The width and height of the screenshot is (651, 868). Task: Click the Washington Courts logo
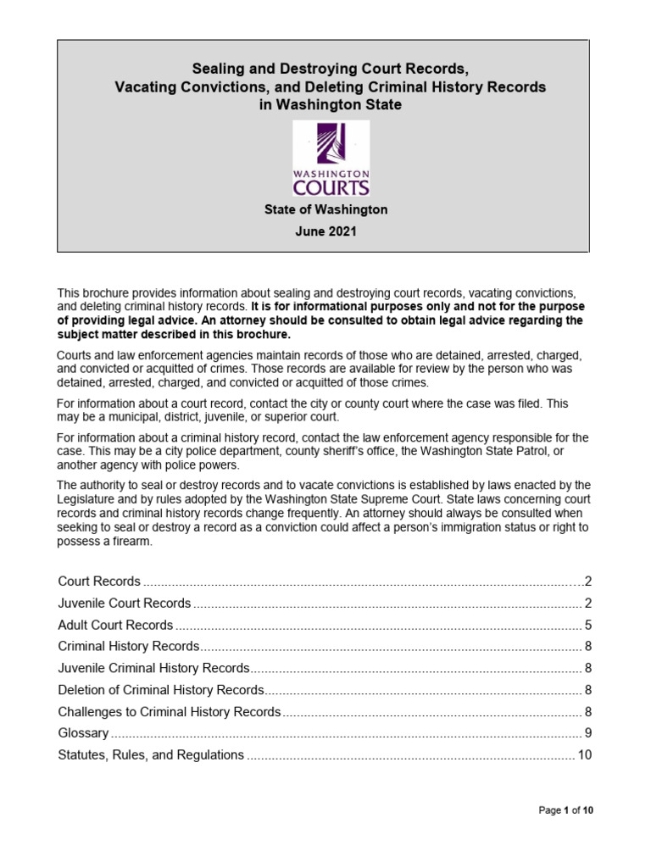[331, 159]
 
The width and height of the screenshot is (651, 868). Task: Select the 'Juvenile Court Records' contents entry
[125, 604]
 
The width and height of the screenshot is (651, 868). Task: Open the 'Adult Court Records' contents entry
[115, 625]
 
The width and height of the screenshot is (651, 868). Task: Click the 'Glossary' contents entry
[83, 732]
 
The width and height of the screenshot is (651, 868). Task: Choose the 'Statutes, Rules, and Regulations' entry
[151, 754]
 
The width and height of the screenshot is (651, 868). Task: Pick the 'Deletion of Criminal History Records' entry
[161, 690]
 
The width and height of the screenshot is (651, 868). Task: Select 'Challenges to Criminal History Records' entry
[169, 711]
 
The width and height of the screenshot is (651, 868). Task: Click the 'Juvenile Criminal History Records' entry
[153, 668]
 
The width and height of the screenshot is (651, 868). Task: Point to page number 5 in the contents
[587, 626]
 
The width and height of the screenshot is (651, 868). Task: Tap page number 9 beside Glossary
[587, 733]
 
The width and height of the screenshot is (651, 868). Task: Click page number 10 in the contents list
[584, 754]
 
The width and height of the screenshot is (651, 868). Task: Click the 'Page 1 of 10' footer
[566, 810]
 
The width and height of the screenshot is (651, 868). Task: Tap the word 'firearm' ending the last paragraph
[132, 542]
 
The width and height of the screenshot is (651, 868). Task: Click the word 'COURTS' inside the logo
[331, 185]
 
